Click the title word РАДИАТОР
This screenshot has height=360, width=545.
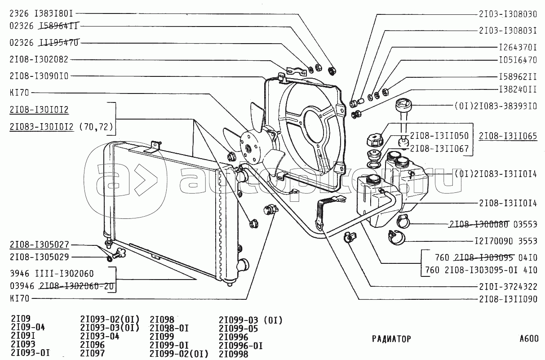[391, 339]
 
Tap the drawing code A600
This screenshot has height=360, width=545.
[528, 339]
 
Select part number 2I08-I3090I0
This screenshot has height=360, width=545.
[39, 76]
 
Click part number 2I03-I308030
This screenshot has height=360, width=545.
[508, 14]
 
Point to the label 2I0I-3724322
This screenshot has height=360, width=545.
[508, 286]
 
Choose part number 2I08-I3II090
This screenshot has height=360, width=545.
[508, 299]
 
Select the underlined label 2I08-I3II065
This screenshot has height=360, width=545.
[508, 136]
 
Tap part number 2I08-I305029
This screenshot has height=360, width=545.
[39, 258]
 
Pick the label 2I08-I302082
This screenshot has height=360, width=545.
[39, 59]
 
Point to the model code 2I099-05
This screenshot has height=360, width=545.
[239, 329]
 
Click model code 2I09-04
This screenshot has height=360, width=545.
[27, 328]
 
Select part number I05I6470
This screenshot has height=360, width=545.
[518, 59]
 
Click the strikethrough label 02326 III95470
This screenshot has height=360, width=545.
[44, 43]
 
